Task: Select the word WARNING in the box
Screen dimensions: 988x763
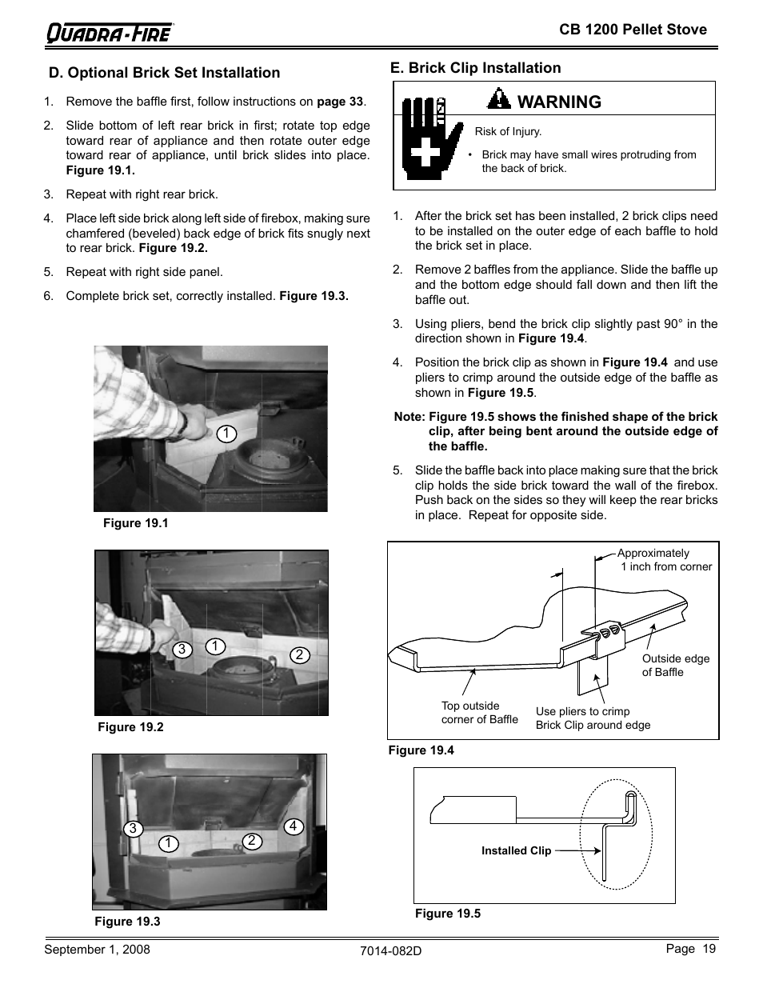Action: click(x=559, y=102)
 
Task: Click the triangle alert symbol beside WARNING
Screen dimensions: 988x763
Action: click(x=499, y=100)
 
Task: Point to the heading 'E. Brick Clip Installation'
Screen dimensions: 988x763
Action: click(x=475, y=68)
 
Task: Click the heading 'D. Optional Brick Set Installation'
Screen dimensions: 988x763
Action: click(x=164, y=73)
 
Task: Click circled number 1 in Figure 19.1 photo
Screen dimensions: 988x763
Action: click(x=226, y=434)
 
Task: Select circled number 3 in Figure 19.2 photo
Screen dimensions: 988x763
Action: click(x=182, y=650)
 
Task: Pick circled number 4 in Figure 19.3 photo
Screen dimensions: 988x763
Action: click(x=293, y=826)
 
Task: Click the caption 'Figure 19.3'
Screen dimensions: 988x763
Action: click(x=127, y=922)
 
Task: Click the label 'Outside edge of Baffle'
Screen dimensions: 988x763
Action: click(x=675, y=666)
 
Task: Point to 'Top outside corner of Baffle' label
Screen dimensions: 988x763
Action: click(x=479, y=712)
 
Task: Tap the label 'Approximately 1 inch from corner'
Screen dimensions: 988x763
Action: click(x=664, y=560)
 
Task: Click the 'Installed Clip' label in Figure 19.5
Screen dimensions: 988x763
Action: click(x=516, y=851)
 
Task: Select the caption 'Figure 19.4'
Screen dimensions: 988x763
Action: click(x=421, y=750)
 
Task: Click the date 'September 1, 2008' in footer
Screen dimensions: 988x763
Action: click(x=97, y=950)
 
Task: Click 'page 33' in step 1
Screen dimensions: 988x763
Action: click(x=340, y=102)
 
